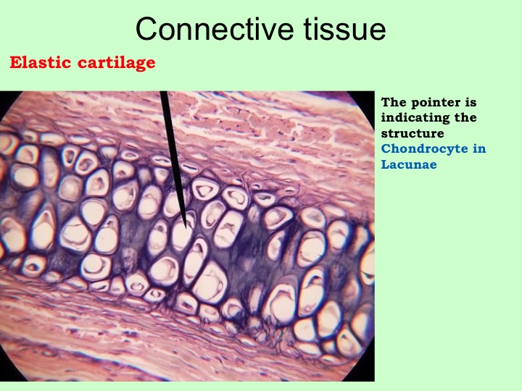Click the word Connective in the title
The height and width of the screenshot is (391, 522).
(x=215, y=28)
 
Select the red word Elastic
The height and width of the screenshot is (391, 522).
(x=41, y=62)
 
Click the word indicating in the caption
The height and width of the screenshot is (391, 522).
(x=415, y=118)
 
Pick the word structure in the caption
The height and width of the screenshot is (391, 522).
(x=413, y=133)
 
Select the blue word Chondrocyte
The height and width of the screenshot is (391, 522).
(x=424, y=149)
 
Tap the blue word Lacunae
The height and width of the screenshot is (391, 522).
(x=409, y=164)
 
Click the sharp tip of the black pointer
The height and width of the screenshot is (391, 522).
(x=186, y=228)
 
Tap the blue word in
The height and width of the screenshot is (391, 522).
(x=479, y=148)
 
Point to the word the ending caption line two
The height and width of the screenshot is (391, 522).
(x=465, y=117)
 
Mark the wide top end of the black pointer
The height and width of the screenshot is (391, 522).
(x=164, y=93)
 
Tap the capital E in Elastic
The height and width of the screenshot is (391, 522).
(x=15, y=62)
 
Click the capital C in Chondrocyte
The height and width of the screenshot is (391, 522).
(x=386, y=148)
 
